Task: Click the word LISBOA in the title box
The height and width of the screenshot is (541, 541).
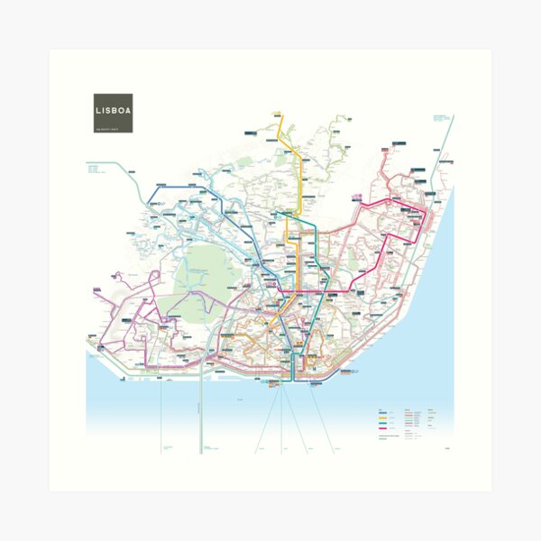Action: (x=113, y=111)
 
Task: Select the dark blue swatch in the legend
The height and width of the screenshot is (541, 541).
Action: (x=384, y=411)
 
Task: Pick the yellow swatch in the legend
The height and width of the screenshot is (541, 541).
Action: (x=384, y=417)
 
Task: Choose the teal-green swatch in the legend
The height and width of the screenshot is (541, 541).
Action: (x=384, y=424)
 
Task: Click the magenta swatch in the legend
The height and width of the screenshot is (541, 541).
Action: (x=384, y=430)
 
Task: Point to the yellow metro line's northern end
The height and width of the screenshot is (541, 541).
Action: (x=278, y=115)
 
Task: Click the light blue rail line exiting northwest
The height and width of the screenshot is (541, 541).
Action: (x=117, y=167)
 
